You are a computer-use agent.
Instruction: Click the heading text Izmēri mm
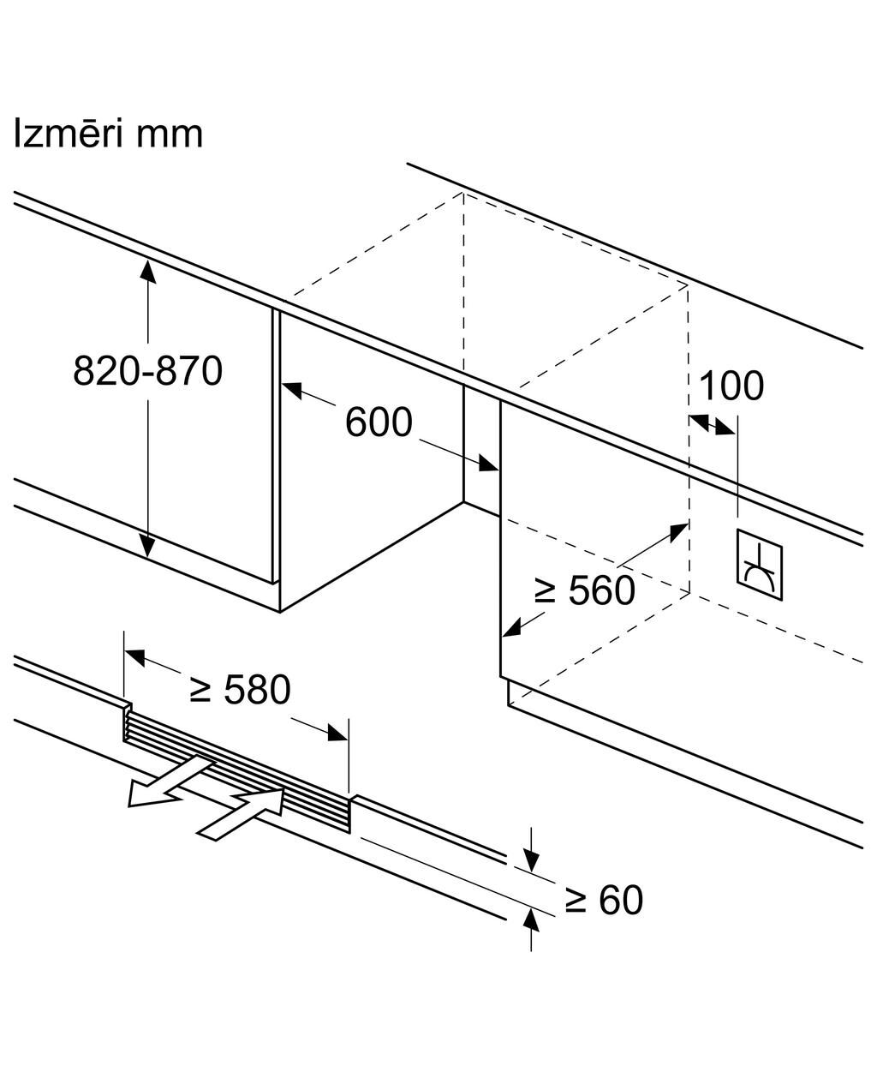108,134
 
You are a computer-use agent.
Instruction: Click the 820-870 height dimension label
147,370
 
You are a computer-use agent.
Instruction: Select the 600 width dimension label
379,422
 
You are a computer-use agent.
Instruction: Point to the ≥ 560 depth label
584,590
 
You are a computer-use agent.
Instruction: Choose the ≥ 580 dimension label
240,689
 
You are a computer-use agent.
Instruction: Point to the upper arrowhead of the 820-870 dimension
148,270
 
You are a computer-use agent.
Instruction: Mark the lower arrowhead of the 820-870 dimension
148,546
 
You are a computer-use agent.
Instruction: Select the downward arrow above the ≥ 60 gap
531,860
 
